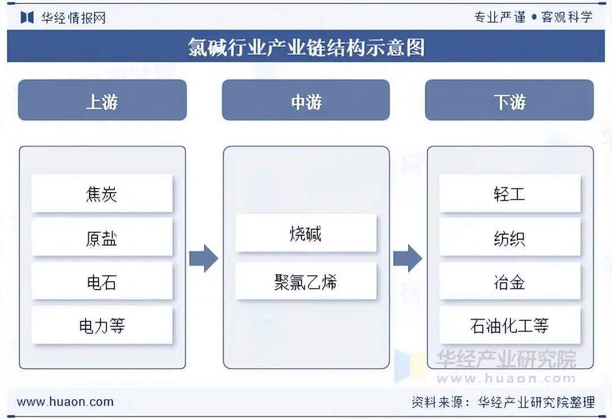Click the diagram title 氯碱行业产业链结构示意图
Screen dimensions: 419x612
point(306,47)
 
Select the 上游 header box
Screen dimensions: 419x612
point(102,101)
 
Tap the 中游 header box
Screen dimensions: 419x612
point(306,101)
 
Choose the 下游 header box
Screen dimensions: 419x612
point(509,101)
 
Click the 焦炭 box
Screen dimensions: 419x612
point(102,194)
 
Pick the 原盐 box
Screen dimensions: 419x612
point(102,238)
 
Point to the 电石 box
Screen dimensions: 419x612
point(102,282)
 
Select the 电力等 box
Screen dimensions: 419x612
point(102,325)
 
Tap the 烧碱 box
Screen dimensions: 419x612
point(306,233)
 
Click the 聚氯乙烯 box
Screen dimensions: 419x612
point(306,281)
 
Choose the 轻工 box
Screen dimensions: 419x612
point(509,194)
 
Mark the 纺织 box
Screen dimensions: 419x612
point(509,238)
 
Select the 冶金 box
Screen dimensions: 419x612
point(509,282)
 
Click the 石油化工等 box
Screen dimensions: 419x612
point(509,325)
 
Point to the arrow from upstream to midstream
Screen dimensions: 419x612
point(203,259)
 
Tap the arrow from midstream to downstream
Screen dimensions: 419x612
point(407,259)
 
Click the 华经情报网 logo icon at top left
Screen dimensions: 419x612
point(27,18)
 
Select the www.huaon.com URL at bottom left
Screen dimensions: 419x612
point(65,402)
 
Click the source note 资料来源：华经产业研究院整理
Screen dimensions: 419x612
point(503,403)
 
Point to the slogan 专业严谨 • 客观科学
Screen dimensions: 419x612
point(533,17)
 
